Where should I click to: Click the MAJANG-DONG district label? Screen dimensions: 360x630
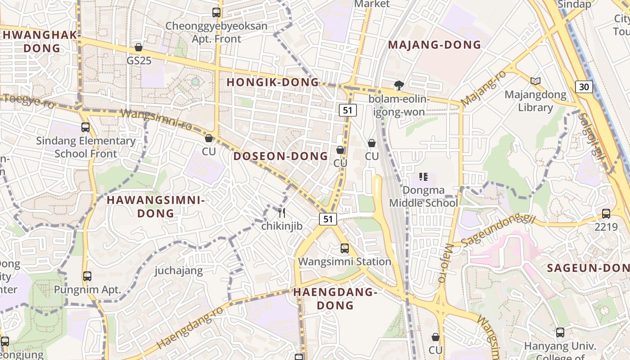coord(434,45)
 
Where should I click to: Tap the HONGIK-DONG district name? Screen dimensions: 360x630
coord(272,82)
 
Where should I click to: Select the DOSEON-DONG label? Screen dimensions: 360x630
coord(281,156)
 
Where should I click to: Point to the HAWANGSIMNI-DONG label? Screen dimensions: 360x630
coord(156,207)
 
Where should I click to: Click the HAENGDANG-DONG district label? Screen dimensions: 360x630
coord(335,299)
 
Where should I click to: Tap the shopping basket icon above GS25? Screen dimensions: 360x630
coord(139,47)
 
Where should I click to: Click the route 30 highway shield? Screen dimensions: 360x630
coord(583,86)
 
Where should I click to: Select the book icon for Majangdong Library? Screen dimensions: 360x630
coord(535,81)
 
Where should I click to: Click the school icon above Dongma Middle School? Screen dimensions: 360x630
coord(423,177)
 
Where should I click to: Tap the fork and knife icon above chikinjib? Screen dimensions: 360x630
coord(282,212)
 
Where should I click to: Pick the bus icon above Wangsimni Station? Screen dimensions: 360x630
coord(345,248)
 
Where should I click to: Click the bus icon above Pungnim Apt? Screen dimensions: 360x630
coord(87,276)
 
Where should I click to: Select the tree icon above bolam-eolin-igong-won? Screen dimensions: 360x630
coord(399,85)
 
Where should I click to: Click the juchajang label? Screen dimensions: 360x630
coord(179,271)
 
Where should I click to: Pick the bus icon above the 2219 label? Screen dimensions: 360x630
coord(606,214)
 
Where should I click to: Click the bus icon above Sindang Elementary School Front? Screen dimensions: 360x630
coord(85,127)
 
